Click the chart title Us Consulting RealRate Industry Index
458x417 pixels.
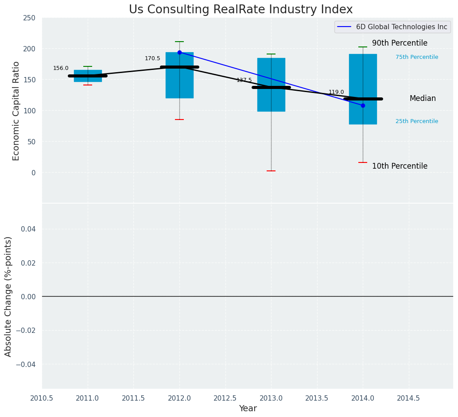(x=241, y=10)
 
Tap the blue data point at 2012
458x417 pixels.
(x=179, y=52)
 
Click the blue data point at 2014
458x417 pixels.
(x=363, y=105)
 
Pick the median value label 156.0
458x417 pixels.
(x=61, y=68)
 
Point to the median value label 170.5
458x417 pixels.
(x=152, y=58)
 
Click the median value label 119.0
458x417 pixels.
(x=336, y=92)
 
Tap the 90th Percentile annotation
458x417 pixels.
(x=400, y=43)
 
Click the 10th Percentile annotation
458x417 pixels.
(x=400, y=166)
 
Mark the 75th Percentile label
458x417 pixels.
(x=417, y=57)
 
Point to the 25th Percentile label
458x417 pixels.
(x=417, y=121)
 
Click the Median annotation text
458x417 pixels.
(x=423, y=99)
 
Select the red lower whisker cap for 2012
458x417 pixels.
(x=179, y=120)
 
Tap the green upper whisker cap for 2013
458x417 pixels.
(x=271, y=54)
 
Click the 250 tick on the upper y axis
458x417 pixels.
(x=29, y=18)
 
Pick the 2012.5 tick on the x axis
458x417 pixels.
(x=225, y=398)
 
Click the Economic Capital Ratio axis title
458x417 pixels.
(x=16, y=111)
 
